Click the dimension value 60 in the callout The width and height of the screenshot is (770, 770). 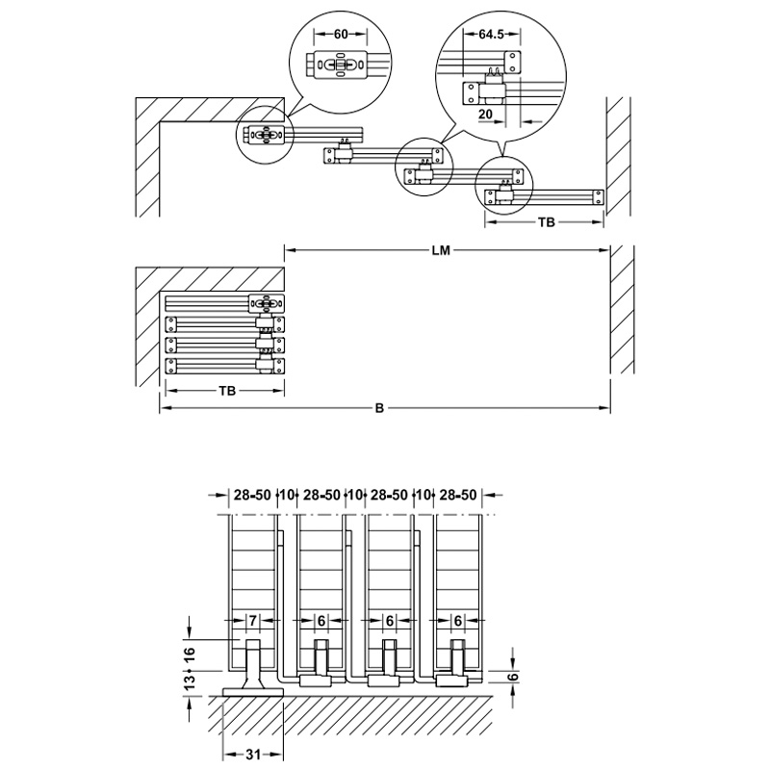pyautogui.click(x=340, y=34)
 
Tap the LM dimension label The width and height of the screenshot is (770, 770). pyautogui.click(x=442, y=251)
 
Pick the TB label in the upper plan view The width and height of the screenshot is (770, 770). pyautogui.click(x=546, y=222)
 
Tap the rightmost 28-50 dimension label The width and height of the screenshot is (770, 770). pyautogui.click(x=457, y=496)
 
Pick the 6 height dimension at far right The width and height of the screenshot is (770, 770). pyautogui.click(x=513, y=677)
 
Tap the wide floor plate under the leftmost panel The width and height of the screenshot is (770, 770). pyautogui.click(x=251, y=690)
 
